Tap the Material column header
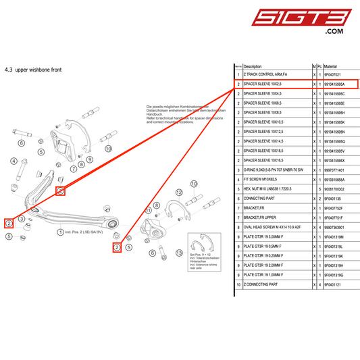334,66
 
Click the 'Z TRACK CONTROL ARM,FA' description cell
265,75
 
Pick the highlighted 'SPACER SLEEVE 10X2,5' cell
263,84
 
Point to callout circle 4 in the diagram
13,161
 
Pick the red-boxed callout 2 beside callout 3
9,223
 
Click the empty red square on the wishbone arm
60,191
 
